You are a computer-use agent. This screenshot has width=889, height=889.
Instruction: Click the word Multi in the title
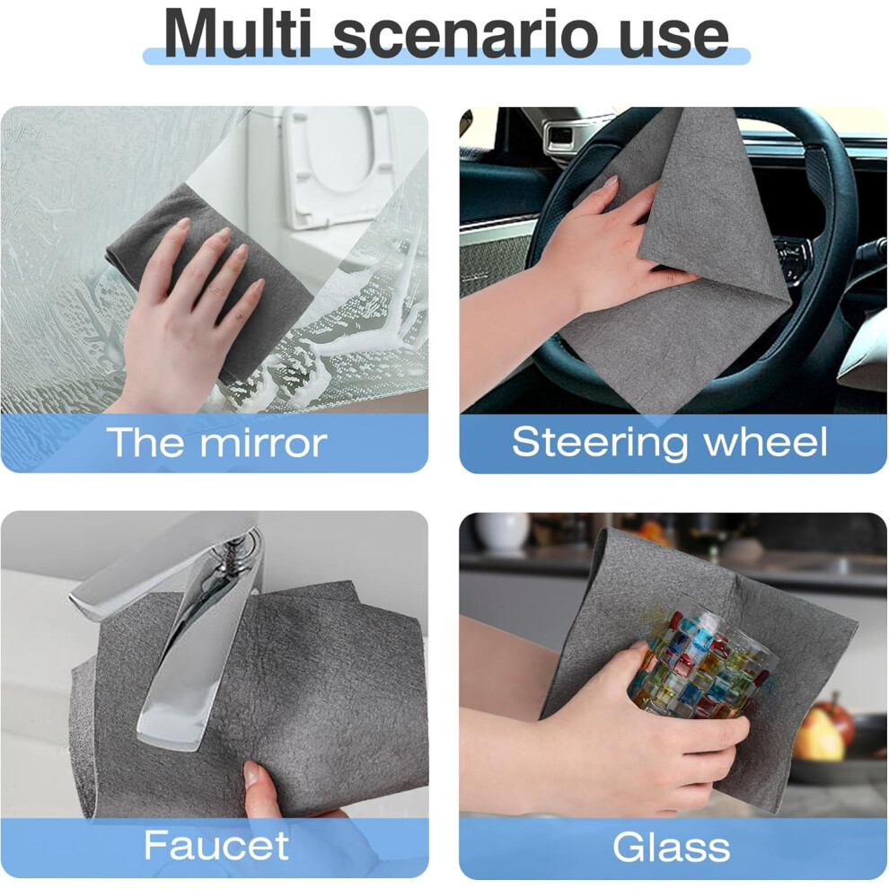238,33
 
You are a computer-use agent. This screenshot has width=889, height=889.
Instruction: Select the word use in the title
673,38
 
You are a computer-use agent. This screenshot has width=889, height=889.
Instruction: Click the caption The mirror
216,442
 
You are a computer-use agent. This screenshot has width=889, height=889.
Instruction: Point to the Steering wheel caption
670,442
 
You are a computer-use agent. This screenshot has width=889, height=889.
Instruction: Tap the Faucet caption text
216,845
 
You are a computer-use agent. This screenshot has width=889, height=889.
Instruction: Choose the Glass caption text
672,847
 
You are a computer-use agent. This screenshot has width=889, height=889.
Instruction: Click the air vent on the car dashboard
560,136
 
